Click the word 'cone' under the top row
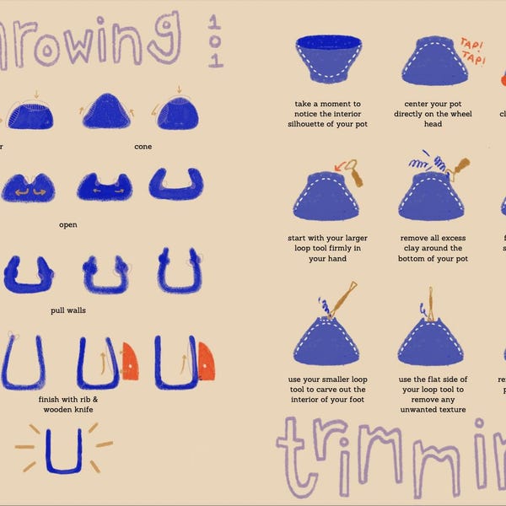point(143,147)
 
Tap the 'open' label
point(68,225)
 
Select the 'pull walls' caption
point(68,310)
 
